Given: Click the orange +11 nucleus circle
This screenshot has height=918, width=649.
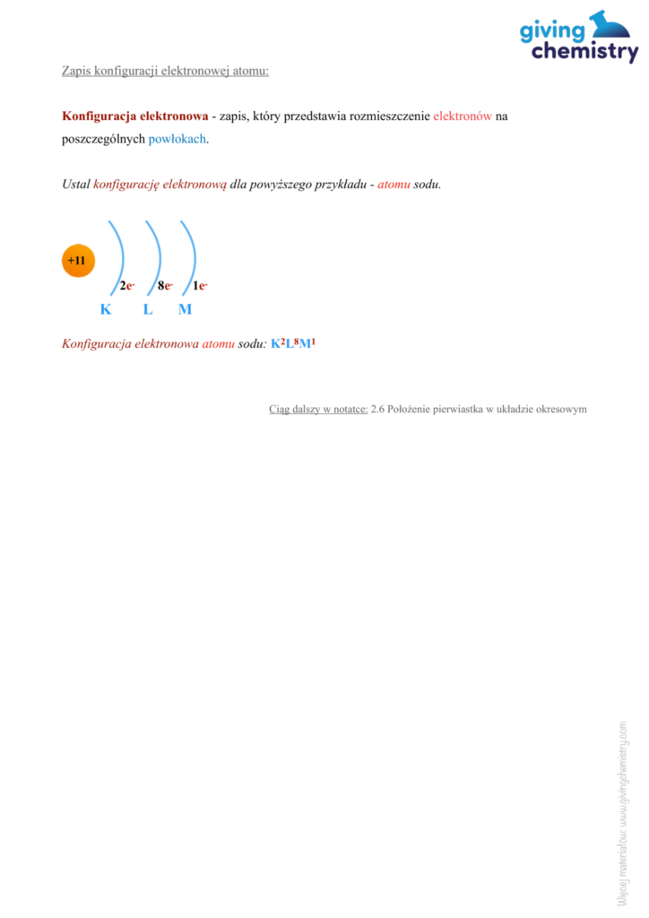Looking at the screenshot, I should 77,261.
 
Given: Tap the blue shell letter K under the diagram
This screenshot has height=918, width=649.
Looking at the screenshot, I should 106,310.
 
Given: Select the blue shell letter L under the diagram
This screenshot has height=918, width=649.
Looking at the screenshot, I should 147,310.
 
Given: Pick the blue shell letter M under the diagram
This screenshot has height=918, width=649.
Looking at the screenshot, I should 185,310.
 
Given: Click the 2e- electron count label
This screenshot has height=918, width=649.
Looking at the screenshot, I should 126,286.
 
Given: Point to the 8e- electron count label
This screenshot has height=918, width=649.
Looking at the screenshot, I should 164,286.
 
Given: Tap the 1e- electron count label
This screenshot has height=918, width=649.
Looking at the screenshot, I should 201,286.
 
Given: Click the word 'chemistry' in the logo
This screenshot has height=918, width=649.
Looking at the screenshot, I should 584,53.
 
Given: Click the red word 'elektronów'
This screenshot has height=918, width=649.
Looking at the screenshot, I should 462,117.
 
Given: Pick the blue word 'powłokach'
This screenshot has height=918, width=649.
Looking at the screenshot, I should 177,139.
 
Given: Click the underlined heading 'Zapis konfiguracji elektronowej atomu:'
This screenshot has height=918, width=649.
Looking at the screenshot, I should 165,70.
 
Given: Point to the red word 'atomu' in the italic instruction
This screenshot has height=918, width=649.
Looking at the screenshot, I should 394,185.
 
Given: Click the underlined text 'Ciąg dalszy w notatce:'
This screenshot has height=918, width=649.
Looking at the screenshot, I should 318,409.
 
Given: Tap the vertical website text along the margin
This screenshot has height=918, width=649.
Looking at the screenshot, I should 621,811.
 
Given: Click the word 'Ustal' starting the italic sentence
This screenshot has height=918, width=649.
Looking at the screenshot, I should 75,185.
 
